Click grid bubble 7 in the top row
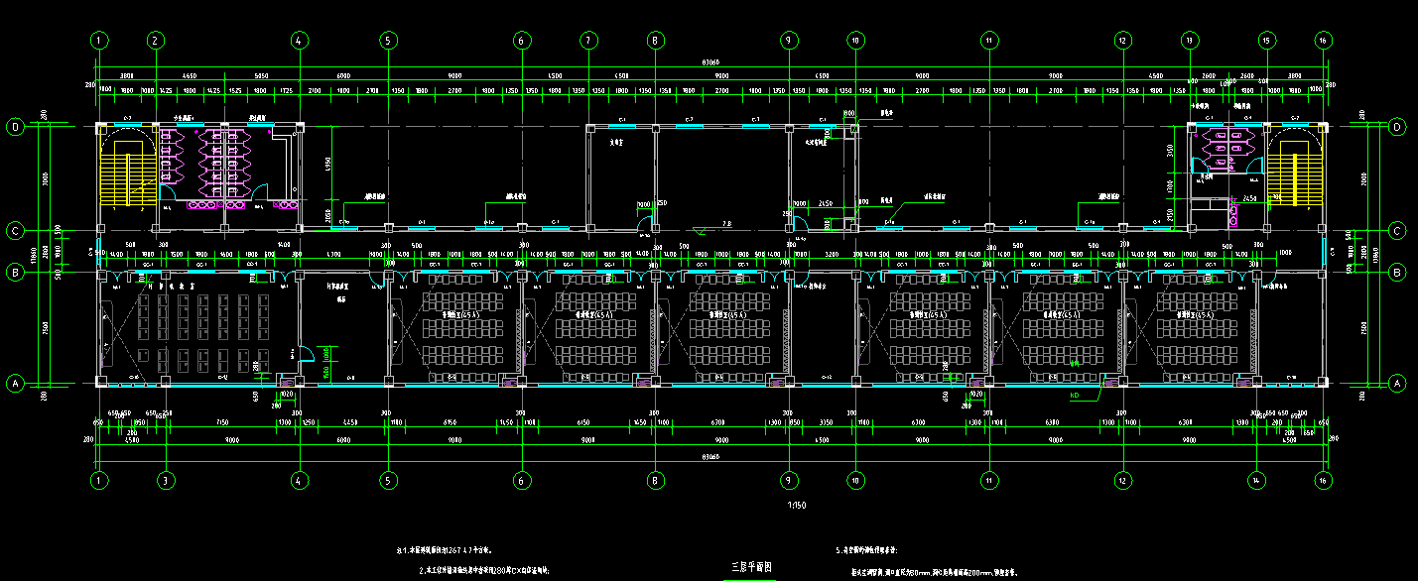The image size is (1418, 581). coord(588,41)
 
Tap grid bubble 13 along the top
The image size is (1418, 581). coord(1189,41)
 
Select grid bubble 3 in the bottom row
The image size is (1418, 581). coord(166,480)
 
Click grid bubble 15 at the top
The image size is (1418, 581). coord(1266,41)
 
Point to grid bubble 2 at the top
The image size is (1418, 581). coord(155,41)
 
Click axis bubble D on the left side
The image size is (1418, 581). coord(15,127)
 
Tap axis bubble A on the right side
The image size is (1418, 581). coord(1397,383)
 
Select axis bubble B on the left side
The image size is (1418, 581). coord(15,271)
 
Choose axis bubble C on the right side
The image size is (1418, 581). coord(1397,231)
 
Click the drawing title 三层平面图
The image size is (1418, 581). coord(751,567)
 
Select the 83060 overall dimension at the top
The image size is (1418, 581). coord(710,62)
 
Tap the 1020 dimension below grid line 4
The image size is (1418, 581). coord(287,394)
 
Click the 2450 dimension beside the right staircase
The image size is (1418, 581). coord(1249,198)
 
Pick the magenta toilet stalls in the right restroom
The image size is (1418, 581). coord(1224,151)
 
